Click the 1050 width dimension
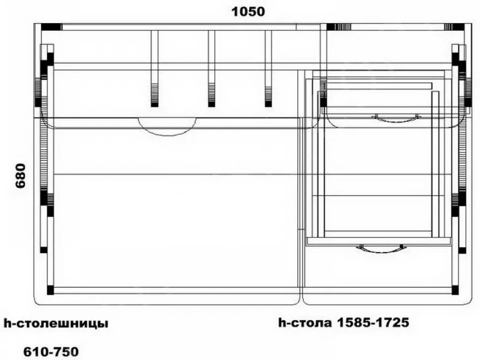(248, 12)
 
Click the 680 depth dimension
(21, 176)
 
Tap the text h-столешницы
(56, 323)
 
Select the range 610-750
(51, 352)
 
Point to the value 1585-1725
(373, 322)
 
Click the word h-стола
(305, 322)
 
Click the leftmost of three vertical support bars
(154, 69)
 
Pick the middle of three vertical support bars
(211, 69)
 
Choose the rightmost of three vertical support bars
(268, 69)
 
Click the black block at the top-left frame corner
(50, 27)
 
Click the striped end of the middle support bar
(211, 95)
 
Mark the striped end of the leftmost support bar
(154, 95)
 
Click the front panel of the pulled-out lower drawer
(379, 241)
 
